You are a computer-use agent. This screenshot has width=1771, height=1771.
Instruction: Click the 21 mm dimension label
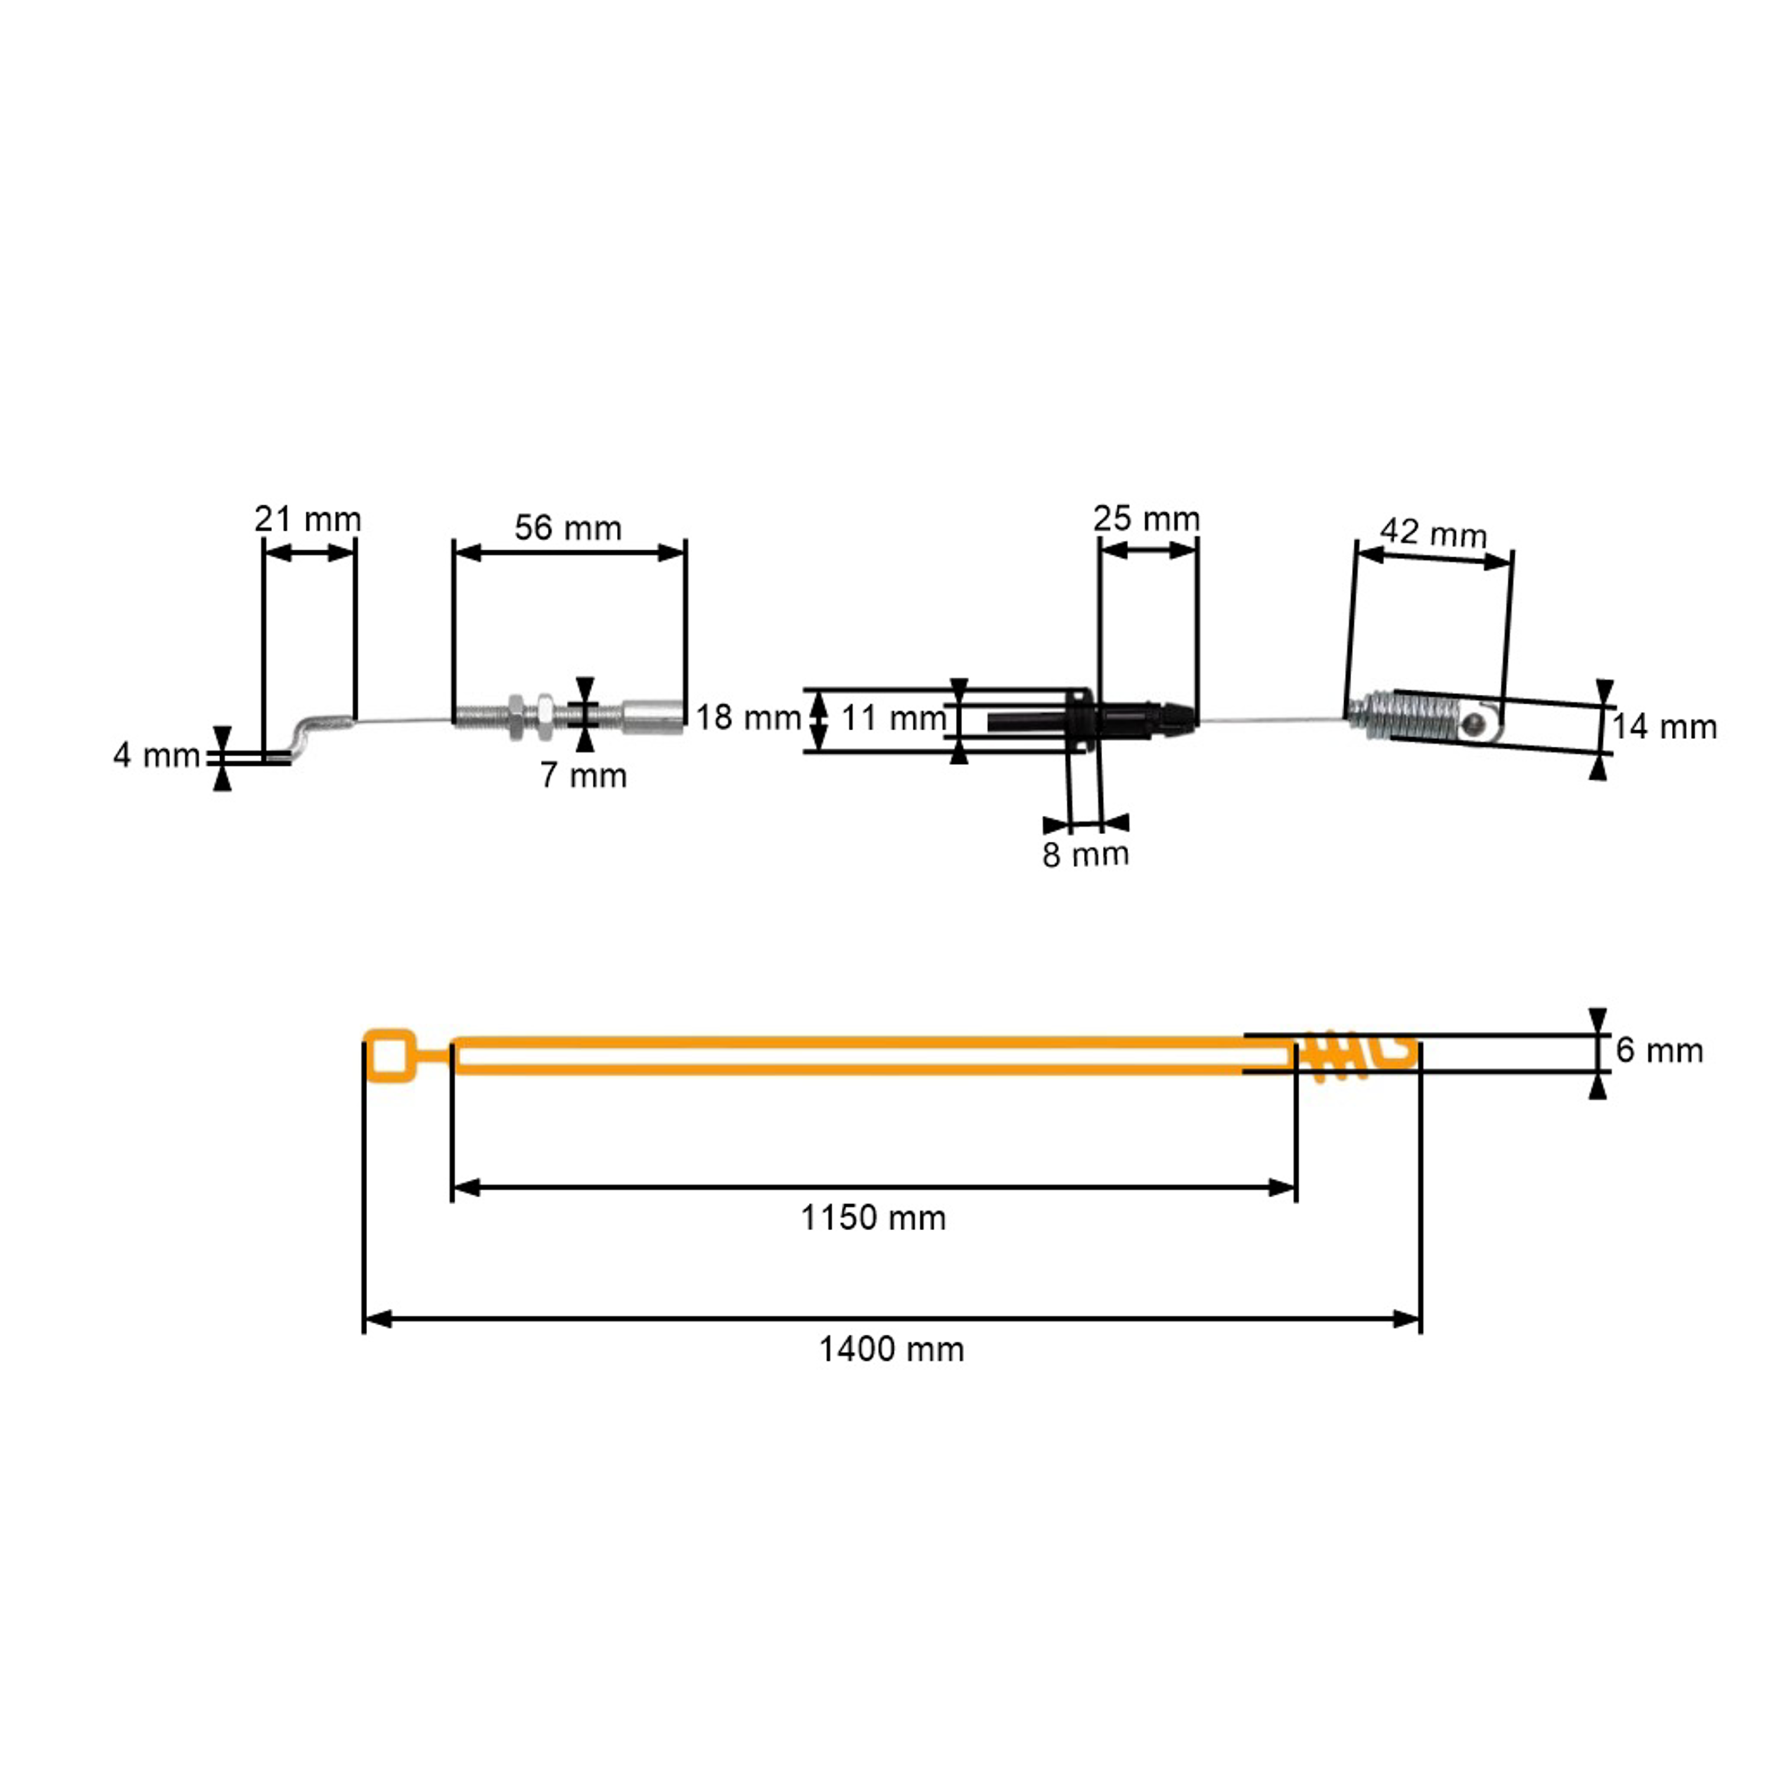[x=308, y=519]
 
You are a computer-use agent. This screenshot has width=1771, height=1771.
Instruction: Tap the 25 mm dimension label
[x=1147, y=519]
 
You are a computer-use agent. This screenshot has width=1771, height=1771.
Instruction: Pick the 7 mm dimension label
[x=584, y=776]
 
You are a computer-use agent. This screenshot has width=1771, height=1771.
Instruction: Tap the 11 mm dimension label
[x=894, y=718]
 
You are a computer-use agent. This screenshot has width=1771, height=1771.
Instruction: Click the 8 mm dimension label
[x=1086, y=854]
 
